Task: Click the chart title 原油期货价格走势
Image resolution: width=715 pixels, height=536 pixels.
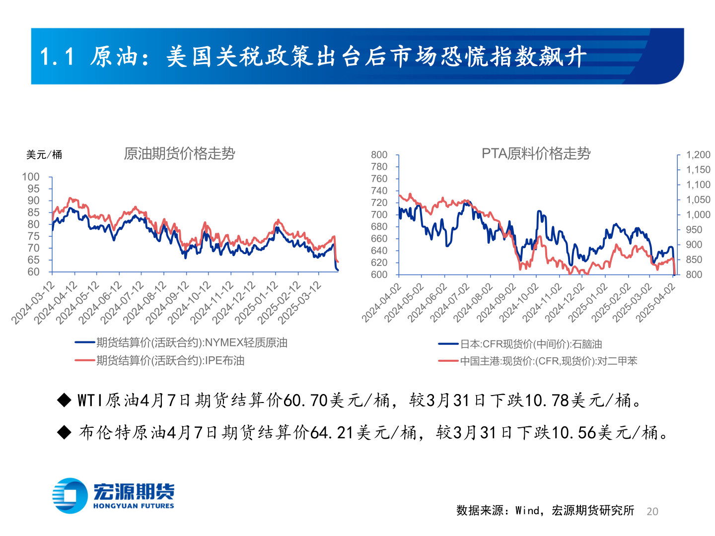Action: (179, 154)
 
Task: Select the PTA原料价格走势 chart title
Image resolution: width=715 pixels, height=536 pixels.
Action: (536, 154)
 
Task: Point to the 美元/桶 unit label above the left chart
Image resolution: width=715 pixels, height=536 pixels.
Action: (44, 155)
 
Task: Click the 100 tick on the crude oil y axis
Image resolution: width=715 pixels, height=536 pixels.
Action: (31, 177)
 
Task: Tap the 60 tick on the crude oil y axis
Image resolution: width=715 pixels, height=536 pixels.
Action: (33, 272)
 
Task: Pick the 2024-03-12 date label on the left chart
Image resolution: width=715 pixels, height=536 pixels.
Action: (33, 303)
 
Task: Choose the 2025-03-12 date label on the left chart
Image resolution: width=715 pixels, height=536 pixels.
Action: (300, 303)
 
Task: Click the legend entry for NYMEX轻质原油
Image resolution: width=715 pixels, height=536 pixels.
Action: (192, 342)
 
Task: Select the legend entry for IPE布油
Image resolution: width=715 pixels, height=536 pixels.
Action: (170, 361)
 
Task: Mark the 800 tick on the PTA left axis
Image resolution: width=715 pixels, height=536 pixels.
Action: (379, 155)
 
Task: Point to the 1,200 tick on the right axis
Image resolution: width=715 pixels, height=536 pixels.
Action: (698, 155)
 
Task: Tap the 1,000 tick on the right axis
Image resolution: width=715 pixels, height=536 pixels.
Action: (698, 215)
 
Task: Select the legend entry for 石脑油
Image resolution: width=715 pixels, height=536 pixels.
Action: (531, 344)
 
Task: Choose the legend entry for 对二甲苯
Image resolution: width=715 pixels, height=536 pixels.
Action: (549, 361)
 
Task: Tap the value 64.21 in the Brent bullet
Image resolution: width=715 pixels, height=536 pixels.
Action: (332, 433)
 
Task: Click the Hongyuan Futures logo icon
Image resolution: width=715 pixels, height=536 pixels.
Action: (70, 496)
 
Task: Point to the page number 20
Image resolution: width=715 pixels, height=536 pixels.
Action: (652, 512)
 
